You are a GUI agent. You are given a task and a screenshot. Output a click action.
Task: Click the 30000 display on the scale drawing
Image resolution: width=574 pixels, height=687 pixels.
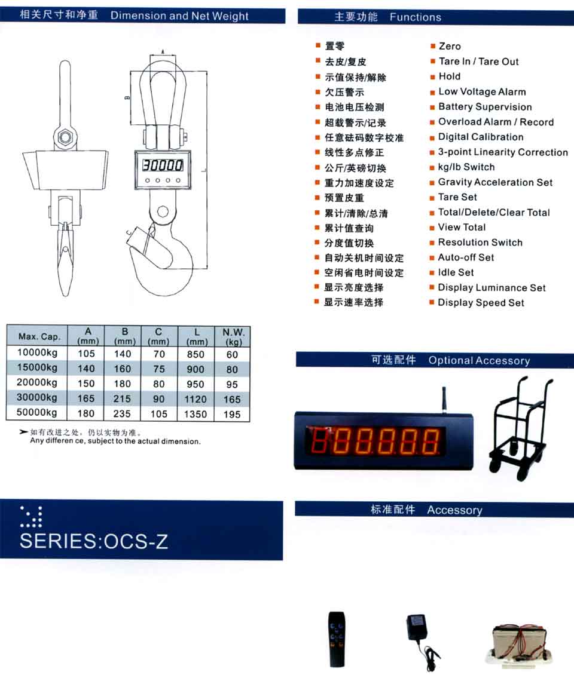163,165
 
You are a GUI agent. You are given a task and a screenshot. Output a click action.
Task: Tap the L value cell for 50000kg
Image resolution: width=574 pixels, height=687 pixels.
196,413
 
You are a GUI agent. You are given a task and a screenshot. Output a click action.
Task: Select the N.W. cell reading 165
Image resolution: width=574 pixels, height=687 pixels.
232,399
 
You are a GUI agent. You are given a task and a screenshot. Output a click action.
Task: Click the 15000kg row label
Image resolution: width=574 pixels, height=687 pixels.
37,367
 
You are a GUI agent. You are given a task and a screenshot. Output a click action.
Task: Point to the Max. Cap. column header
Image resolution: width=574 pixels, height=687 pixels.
39,336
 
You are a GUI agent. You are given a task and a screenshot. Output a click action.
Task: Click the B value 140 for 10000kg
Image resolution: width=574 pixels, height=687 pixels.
123,354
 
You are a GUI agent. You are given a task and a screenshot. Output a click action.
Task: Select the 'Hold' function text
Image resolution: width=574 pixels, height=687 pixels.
450,76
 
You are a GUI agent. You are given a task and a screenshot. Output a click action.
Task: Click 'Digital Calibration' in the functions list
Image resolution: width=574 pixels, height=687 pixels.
481,137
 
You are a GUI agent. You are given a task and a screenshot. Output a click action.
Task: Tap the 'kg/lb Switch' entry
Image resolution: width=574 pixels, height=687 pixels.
466,167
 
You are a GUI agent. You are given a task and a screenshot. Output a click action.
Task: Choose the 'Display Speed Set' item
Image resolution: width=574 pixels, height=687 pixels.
481,302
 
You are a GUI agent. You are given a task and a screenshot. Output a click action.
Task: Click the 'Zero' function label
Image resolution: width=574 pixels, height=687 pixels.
450,46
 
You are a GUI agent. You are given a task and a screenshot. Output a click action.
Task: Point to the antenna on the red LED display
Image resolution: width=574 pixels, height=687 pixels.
444,400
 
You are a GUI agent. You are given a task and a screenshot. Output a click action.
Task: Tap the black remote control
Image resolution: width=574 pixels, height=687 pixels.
337,639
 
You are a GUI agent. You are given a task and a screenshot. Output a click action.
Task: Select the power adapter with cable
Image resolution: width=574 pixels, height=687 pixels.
421,640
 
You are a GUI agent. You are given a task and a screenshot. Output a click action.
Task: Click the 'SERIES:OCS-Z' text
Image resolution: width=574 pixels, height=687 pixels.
94,541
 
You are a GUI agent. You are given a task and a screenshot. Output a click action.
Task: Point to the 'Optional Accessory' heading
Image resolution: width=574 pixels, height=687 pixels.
479,361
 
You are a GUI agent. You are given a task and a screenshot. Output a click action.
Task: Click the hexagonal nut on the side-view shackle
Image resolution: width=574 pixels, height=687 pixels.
65,137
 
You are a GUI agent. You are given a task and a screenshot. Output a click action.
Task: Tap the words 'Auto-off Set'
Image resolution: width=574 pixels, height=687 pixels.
466,257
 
